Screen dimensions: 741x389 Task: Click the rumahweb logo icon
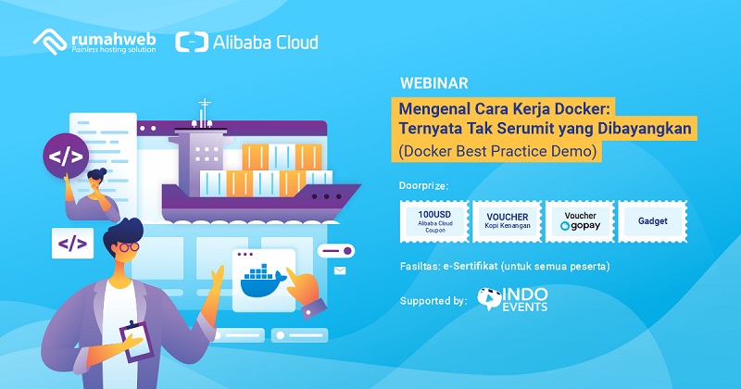click(x=50, y=42)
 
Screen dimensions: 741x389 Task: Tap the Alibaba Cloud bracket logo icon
click(x=192, y=42)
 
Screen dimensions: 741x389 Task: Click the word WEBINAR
click(x=433, y=83)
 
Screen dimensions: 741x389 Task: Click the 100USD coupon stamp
click(x=434, y=221)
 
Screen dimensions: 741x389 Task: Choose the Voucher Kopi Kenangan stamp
click(x=507, y=221)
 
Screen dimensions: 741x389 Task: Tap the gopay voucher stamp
click(x=580, y=221)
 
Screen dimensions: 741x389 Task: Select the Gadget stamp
click(x=653, y=221)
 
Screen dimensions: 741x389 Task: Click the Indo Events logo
click(x=512, y=300)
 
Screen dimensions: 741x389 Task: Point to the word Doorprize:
click(x=423, y=186)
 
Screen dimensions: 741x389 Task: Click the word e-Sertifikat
click(x=471, y=266)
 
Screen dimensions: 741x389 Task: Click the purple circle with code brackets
click(x=66, y=156)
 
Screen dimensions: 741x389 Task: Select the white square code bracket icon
click(x=72, y=244)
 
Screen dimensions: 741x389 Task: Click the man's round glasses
click(x=129, y=246)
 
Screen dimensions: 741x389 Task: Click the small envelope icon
click(x=340, y=270)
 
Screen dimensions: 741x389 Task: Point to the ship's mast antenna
click(x=204, y=113)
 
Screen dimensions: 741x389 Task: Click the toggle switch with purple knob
click(x=336, y=250)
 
